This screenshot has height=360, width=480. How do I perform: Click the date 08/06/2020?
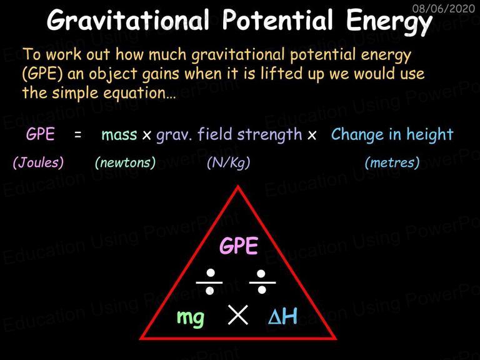pyautogui.click(x=443, y=9)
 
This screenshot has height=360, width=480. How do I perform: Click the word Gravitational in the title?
pyautogui.click(x=128, y=20)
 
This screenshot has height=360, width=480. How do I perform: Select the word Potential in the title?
pyautogui.click(x=277, y=19)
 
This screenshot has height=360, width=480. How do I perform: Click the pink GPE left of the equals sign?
pyautogui.click(x=41, y=134)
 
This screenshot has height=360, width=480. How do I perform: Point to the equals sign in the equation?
pyautogui.click(x=78, y=134)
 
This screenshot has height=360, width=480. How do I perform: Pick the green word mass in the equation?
pyautogui.click(x=119, y=135)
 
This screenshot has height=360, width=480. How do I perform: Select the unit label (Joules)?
pyautogui.click(x=38, y=162)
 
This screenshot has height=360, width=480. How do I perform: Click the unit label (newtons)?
pyautogui.click(x=125, y=162)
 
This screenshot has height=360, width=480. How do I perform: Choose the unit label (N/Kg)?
pyautogui.click(x=228, y=162)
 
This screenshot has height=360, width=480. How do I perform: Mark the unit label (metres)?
pyautogui.click(x=392, y=162)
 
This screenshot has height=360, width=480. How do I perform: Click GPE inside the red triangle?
pyautogui.click(x=239, y=246)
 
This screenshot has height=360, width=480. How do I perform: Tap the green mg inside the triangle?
pyautogui.click(x=191, y=317)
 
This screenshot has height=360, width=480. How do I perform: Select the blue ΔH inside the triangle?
pyautogui.click(x=282, y=316)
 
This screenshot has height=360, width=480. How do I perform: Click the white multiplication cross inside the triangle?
pyautogui.click(x=238, y=315)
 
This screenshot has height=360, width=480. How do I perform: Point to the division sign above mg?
pyautogui.click(x=210, y=282)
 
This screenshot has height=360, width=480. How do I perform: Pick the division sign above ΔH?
pyautogui.click(x=262, y=282)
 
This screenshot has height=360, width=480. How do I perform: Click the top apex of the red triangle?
pyautogui.click(x=237, y=186)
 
